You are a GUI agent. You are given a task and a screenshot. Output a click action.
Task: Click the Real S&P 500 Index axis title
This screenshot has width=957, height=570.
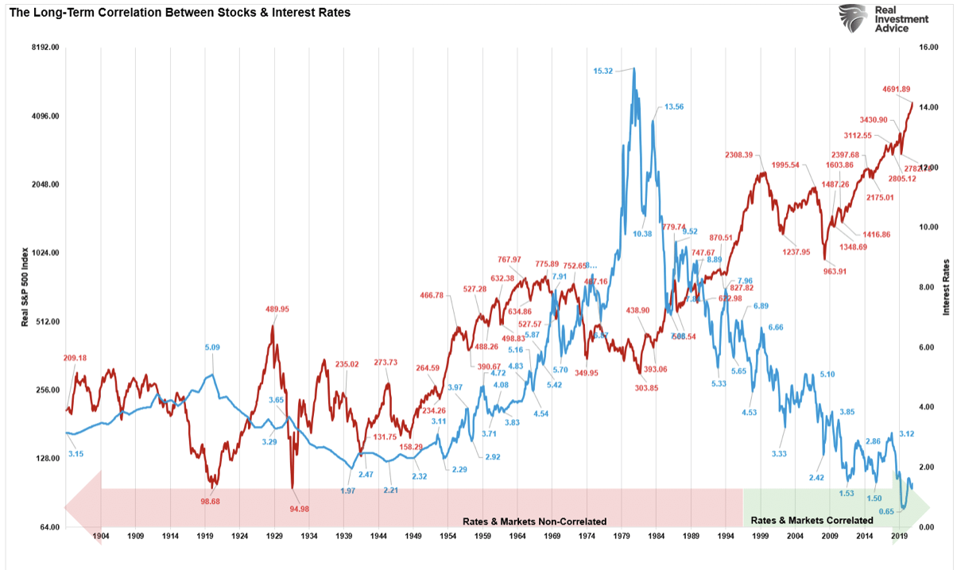[25, 287]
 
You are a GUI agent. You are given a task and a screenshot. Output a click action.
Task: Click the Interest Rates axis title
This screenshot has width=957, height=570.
[947, 287]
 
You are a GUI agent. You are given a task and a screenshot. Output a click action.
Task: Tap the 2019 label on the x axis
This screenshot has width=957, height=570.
[901, 536]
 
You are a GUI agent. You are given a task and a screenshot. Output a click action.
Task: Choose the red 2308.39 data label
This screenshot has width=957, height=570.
[744, 154]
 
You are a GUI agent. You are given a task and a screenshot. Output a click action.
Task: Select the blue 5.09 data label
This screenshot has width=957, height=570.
[211, 347]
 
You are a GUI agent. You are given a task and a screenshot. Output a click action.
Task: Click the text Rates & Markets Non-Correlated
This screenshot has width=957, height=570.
[534, 522]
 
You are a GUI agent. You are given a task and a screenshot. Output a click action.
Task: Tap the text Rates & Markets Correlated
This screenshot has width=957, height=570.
[812, 521]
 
